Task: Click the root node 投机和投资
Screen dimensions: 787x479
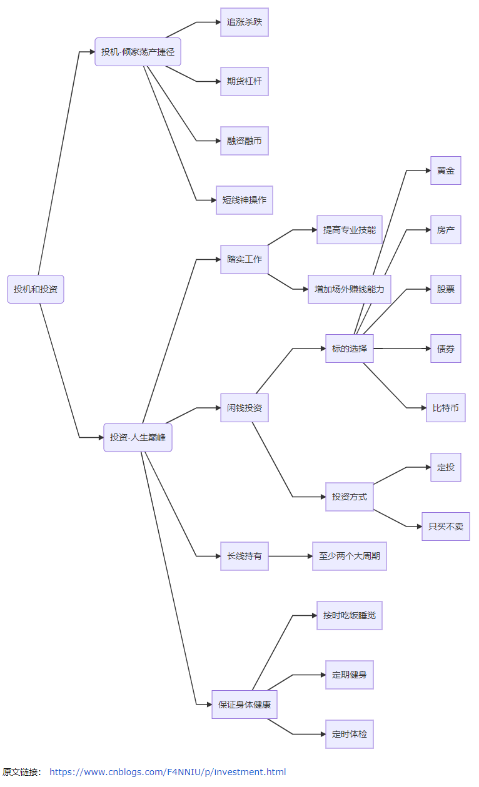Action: pos(36,289)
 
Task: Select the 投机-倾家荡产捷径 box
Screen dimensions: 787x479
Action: pos(138,52)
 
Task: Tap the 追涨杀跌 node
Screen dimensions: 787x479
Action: pos(245,22)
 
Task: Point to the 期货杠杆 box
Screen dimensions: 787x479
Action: pos(245,82)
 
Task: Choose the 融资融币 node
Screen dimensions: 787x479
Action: pos(245,141)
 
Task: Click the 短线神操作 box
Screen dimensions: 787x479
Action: pos(245,200)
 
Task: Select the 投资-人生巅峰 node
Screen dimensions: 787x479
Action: pos(138,438)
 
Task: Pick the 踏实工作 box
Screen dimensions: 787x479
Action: pos(245,260)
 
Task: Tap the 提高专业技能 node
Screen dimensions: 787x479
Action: pos(350,230)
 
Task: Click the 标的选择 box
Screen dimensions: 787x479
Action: pos(350,349)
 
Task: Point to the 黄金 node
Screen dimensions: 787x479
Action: pos(446,171)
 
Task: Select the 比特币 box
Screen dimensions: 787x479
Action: pos(446,408)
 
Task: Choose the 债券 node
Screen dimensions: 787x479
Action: pos(446,349)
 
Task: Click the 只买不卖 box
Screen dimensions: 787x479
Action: pos(446,527)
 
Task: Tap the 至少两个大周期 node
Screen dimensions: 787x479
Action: pos(350,556)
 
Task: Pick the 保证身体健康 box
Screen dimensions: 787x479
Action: pos(245,705)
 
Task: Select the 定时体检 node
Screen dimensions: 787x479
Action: pos(350,735)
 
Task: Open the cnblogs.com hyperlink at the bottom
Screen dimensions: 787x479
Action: pos(168,772)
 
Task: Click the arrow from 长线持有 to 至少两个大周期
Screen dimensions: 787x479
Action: pos(291,556)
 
